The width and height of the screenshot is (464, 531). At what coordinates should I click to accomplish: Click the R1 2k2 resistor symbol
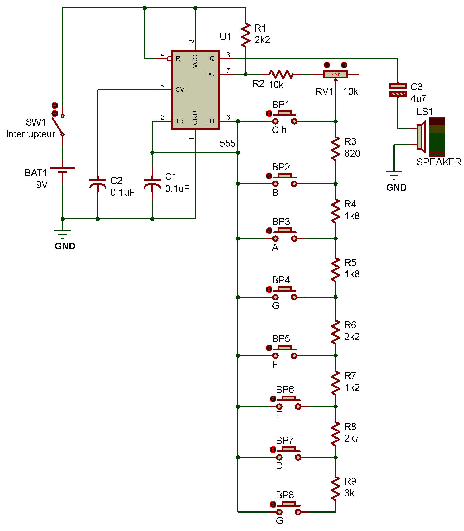pyautogui.click(x=246, y=35)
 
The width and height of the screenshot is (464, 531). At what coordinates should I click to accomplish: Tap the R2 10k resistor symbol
pyautogui.click(x=281, y=74)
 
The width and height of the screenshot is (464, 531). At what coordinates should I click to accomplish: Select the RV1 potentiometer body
pyautogui.click(x=335, y=74)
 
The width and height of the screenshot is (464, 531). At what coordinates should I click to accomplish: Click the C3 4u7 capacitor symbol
pyautogui.click(x=398, y=90)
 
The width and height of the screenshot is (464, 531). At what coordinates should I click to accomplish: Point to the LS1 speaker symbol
pyautogui.click(x=422, y=137)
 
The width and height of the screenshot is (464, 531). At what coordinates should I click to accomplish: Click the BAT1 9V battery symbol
pyautogui.click(x=62, y=170)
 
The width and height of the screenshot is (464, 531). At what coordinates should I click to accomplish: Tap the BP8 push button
pyautogui.click(x=289, y=508)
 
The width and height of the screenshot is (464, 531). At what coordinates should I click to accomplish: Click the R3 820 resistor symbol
pyautogui.click(x=335, y=149)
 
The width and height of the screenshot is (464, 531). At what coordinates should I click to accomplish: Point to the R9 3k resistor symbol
pyautogui.click(x=335, y=489)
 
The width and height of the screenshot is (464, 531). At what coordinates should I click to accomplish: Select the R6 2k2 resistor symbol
pyautogui.click(x=335, y=332)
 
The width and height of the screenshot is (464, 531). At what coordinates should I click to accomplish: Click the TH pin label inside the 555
pyautogui.click(x=210, y=121)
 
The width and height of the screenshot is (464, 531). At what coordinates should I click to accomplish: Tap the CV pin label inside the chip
pyautogui.click(x=180, y=90)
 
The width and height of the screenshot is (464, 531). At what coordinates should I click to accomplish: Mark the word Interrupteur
pyautogui.click(x=30, y=134)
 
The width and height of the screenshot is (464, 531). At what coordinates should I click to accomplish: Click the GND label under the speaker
pyautogui.click(x=396, y=188)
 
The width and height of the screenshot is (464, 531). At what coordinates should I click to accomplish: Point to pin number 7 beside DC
pyautogui.click(x=228, y=70)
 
